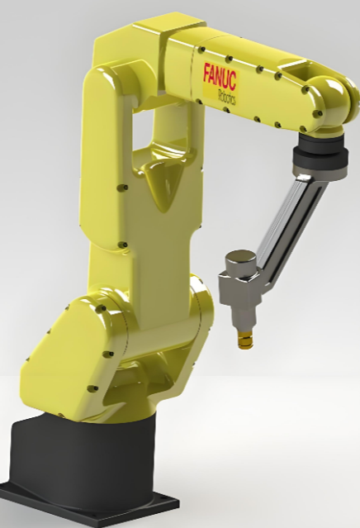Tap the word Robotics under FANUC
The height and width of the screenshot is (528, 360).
[227, 98]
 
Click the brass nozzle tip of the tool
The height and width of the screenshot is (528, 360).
[245, 340]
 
